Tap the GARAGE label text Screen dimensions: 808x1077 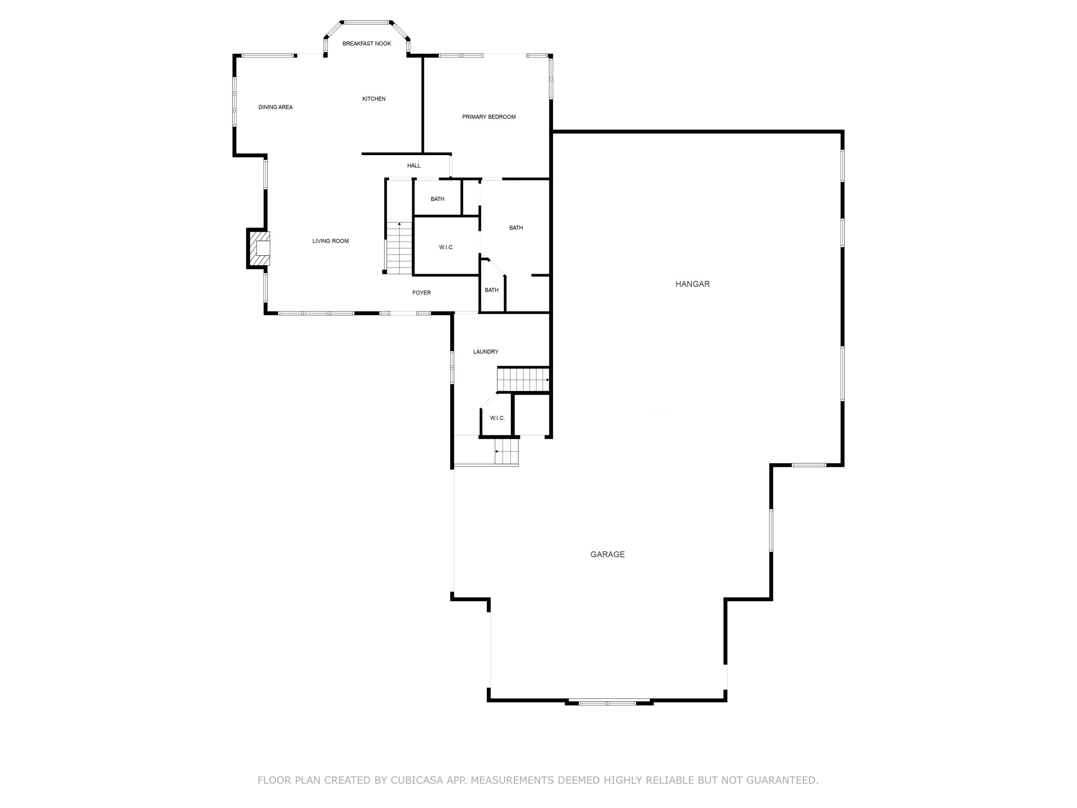click(x=607, y=554)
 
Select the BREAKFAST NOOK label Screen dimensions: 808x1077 click(x=367, y=44)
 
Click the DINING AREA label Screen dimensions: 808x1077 click(x=275, y=107)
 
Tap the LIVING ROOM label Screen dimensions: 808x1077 click(x=330, y=241)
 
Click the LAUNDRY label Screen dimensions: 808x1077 click(x=485, y=352)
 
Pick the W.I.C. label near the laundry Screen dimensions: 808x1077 click(x=497, y=418)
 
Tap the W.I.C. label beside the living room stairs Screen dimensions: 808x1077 click(x=446, y=247)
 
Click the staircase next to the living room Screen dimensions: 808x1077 click(x=399, y=249)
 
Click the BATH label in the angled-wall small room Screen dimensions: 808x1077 click(x=491, y=290)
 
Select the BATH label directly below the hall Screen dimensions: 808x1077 click(x=437, y=199)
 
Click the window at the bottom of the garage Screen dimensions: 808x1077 click(x=608, y=703)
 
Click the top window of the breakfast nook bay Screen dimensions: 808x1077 click(x=367, y=22)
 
